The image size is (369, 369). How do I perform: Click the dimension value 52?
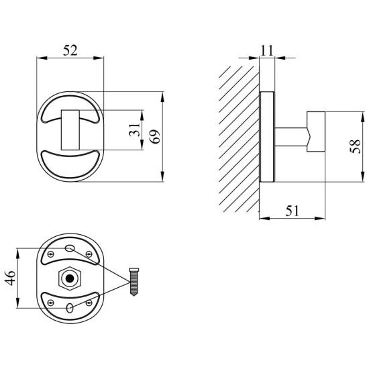70,50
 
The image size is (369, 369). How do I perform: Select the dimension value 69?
155,136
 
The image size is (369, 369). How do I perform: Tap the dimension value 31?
135,129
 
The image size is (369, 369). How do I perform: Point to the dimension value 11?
267,50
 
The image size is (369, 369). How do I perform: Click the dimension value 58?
356,146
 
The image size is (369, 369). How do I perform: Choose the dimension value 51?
292,211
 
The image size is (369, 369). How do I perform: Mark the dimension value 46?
10,278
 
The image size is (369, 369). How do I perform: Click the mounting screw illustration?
134,282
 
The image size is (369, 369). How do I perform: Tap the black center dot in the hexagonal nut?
70,278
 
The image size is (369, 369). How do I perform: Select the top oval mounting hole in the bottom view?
70,248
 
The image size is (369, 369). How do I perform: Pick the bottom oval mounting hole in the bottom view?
70,308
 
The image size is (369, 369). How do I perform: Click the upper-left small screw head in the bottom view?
50,254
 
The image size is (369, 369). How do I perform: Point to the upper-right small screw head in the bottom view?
89,254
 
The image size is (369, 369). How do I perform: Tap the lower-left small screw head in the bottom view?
50,303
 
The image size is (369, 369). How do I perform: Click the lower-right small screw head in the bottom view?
89,303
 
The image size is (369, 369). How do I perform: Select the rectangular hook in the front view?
70,130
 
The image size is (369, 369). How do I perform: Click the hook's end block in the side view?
316,131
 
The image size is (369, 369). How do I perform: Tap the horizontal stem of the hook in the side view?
291,137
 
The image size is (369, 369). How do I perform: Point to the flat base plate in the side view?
267,137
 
